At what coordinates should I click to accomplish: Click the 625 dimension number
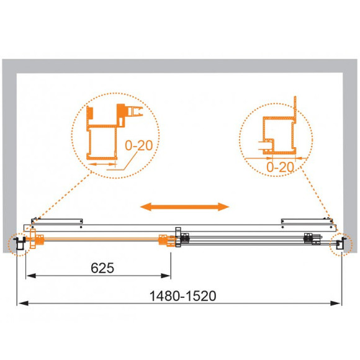tap(102, 268)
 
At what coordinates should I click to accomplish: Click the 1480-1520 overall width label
tap(182, 295)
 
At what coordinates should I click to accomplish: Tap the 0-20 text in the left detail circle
tap(139, 145)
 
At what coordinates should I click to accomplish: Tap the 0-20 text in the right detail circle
tap(280, 167)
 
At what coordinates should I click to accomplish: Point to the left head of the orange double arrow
tap(146, 207)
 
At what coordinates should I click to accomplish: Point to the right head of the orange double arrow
tap(223, 207)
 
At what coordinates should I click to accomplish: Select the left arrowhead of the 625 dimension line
tap(31, 276)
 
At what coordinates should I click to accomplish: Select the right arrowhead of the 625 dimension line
tap(166, 276)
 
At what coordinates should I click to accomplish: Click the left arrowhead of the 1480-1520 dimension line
tap(24, 304)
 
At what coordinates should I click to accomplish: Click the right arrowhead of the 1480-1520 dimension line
tap(335, 304)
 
